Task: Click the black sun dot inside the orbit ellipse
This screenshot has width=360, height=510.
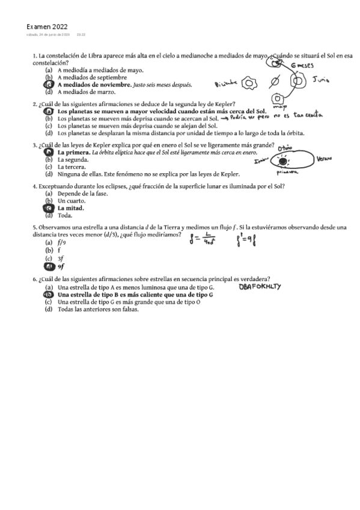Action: point(281,161)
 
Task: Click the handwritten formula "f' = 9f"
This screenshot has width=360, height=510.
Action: point(248,243)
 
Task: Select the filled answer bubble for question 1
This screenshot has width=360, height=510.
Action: point(48,85)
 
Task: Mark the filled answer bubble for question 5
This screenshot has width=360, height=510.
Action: point(48,266)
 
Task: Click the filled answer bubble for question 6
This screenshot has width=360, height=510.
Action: point(48,295)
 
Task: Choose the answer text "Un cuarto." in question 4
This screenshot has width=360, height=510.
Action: point(72,201)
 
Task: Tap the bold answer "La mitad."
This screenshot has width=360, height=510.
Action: point(70,208)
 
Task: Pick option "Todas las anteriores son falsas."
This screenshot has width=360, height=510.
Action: point(98,310)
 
